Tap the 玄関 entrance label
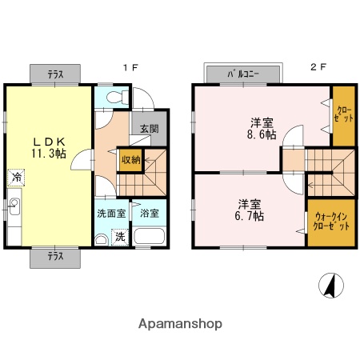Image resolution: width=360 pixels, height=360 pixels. [149, 128]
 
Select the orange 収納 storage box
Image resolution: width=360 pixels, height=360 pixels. [131, 160]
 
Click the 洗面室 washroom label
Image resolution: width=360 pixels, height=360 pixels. [111, 214]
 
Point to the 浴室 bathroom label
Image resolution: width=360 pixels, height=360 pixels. [150, 214]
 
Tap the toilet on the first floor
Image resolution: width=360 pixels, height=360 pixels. [114, 98]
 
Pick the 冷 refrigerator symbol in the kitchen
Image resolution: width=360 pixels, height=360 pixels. [16, 177]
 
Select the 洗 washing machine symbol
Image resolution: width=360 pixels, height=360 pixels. [119, 237]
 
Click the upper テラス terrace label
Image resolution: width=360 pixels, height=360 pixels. [55, 74]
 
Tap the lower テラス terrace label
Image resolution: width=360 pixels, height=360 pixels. [55, 257]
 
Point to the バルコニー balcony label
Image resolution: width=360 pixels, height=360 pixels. [244, 74]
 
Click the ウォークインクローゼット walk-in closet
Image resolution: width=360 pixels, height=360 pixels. [331, 222]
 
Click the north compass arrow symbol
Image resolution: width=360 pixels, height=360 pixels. [329, 284]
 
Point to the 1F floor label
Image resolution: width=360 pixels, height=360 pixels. [130, 68]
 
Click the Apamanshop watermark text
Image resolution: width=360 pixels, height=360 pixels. [180, 324]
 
